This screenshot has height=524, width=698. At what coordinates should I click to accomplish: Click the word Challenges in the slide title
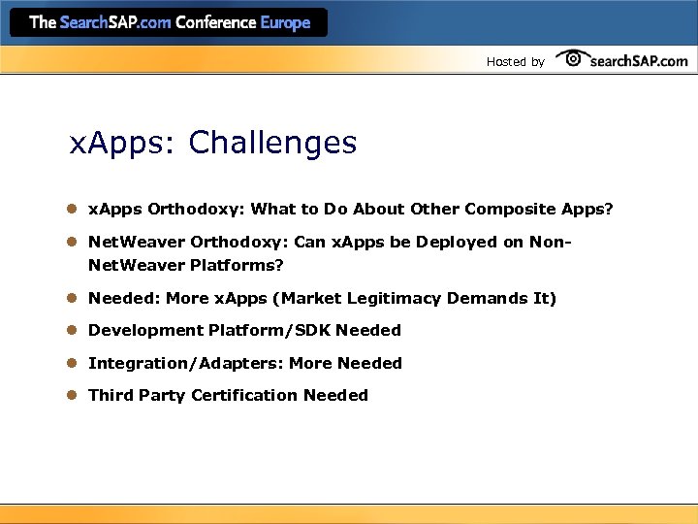coord(272,144)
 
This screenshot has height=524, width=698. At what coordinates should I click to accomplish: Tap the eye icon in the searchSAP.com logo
coord(572,58)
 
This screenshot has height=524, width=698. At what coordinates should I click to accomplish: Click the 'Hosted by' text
coord(515,62)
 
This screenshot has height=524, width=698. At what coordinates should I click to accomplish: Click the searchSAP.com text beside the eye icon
coord(638,60)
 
